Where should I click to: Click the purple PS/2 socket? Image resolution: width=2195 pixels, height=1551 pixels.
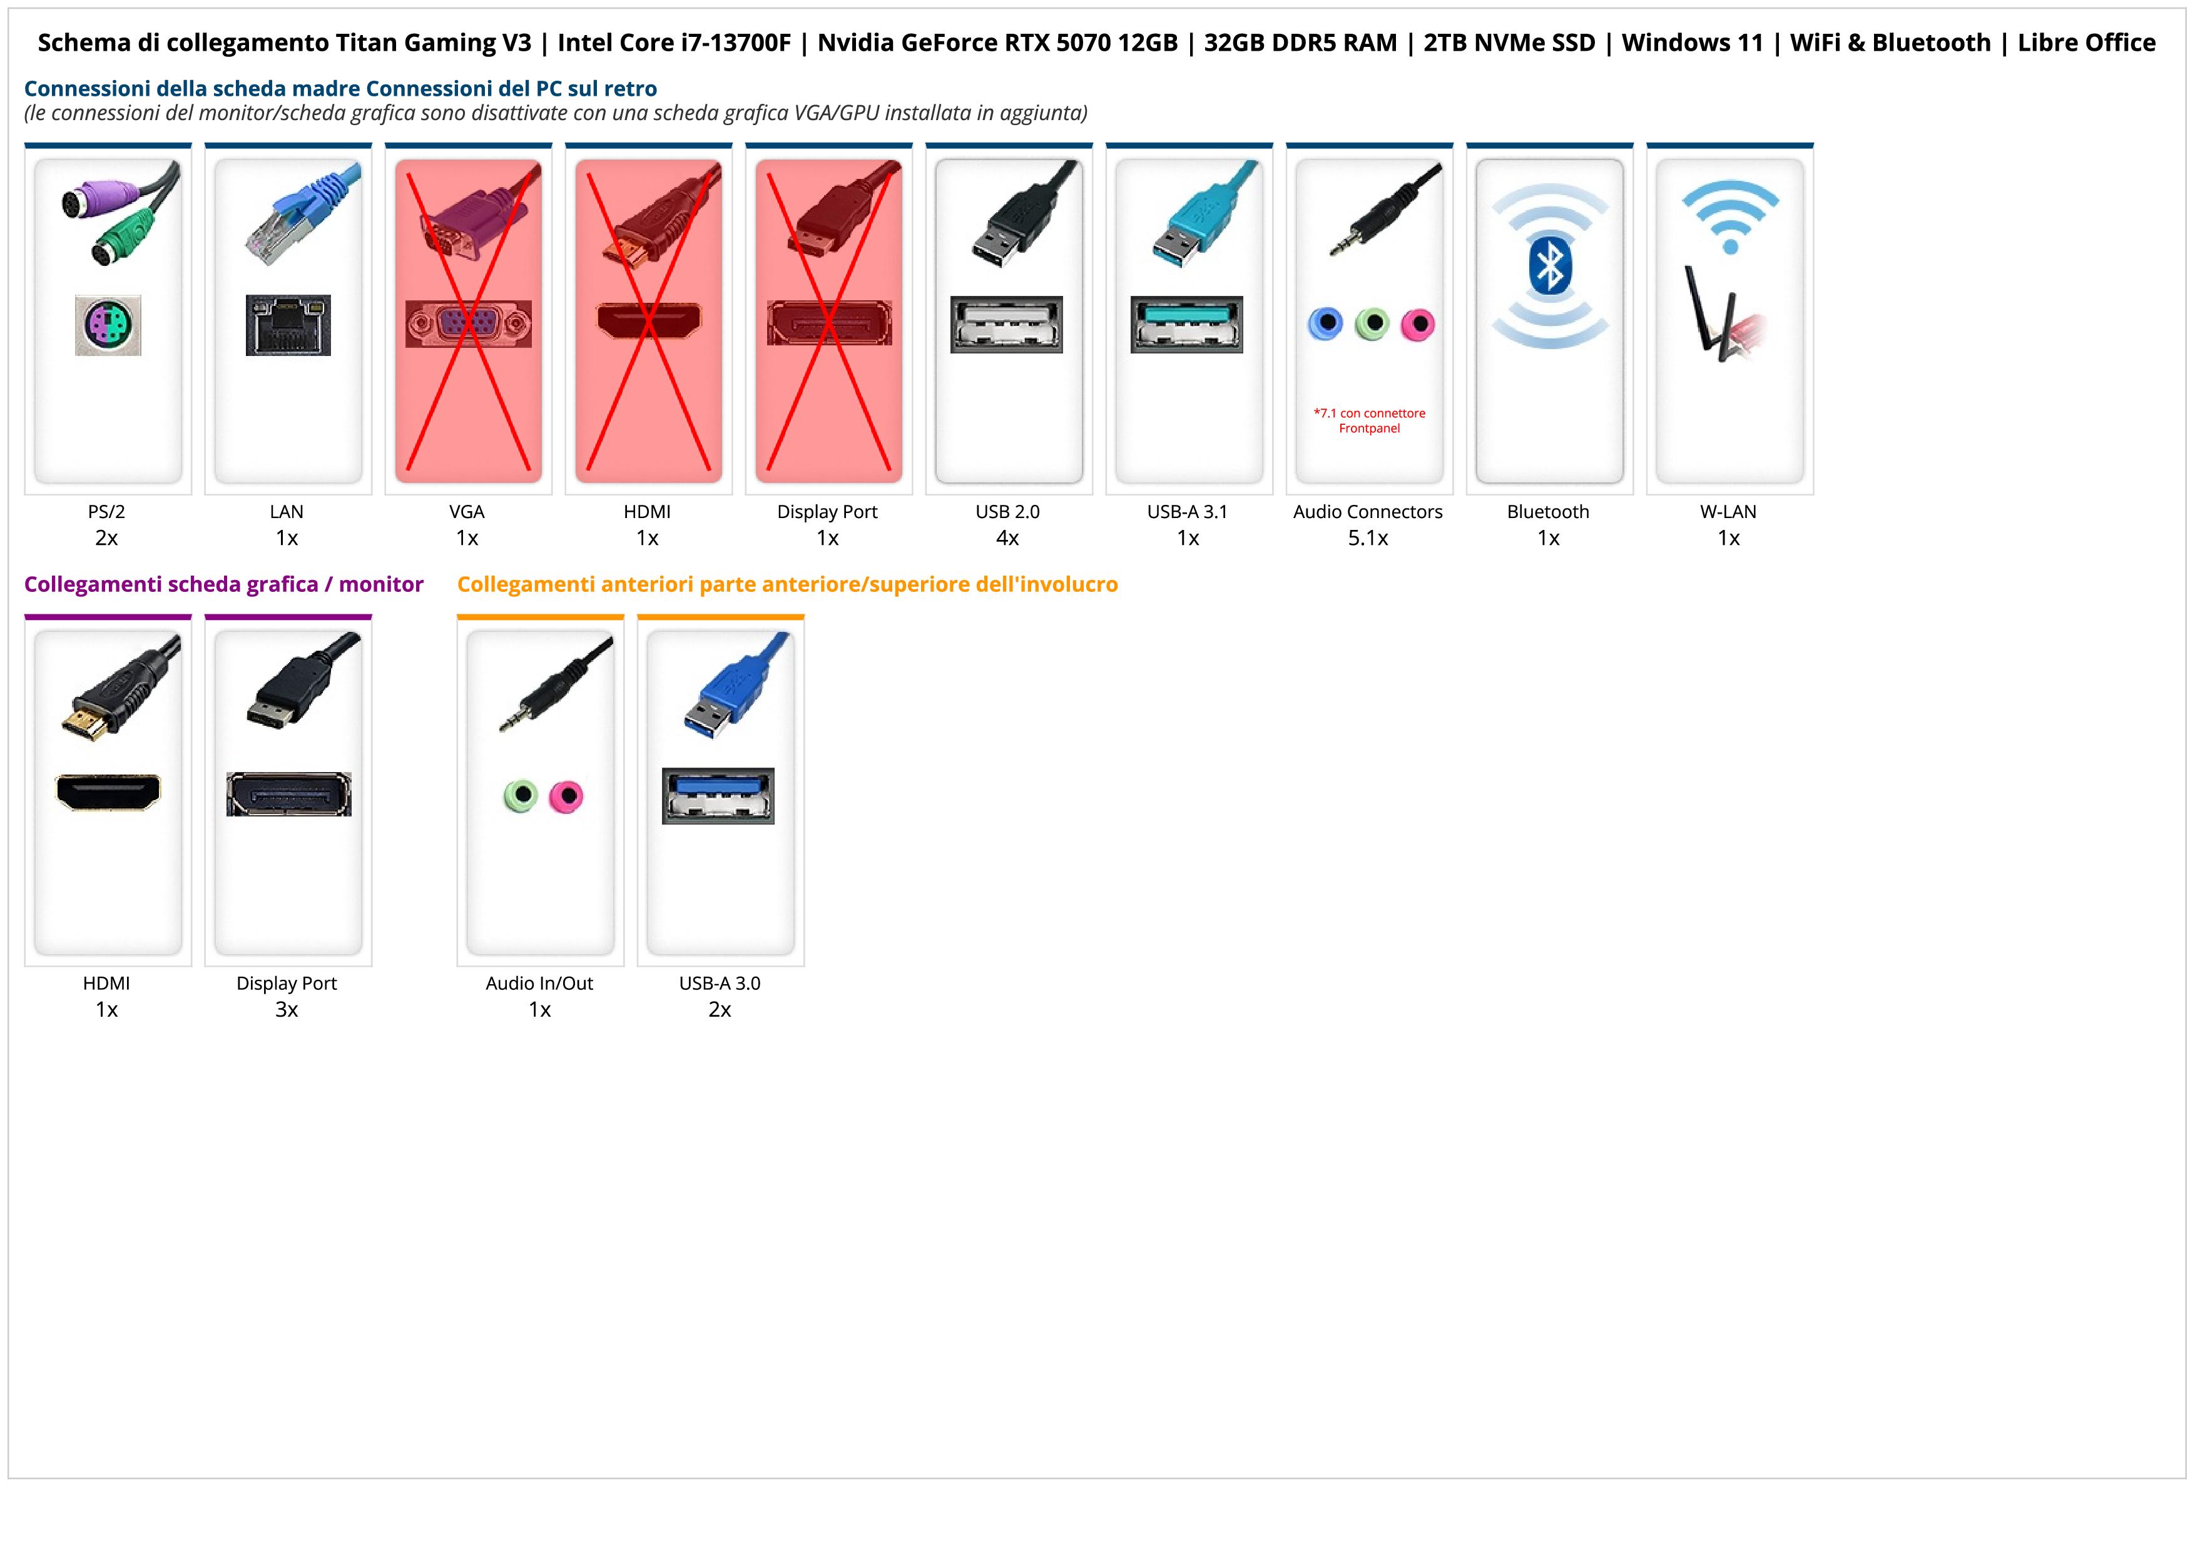pyautogui.click(x=108, y=325)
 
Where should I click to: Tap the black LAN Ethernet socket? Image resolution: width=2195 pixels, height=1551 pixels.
pyautogui.click(x=288, y=325)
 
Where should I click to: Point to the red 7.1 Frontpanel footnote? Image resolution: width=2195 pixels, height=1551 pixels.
pyautogui.click(x=1369, y=420)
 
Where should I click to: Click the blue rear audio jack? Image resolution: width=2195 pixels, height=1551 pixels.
pyautogui.click(x=1325, y=324)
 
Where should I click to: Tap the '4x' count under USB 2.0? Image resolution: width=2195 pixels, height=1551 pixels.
pyautogui.click(x=1007, y=538)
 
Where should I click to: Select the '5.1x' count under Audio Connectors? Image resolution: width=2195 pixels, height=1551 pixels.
pyautogui.click(x=1368, y=538)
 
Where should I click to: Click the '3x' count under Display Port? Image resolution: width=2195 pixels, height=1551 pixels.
pyautogui.click(x=287, y=1009)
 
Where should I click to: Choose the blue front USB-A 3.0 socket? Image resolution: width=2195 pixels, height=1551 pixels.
pyautogui.click(x=718, y=795)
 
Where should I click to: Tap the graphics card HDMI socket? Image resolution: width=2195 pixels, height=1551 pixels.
pyautogui.click(x=108, y=792)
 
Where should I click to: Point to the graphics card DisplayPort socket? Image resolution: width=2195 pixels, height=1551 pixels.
pyautogui.click(x=288, y=794)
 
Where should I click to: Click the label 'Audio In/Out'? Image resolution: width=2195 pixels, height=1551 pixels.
pyautogui.click(x=539, y=984)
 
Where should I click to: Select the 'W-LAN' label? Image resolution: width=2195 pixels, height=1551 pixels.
pyautogui.click(x=1728, y=511)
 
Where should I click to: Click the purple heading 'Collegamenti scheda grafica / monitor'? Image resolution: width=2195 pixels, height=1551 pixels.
pyautogui.click(x=224, y=584)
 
